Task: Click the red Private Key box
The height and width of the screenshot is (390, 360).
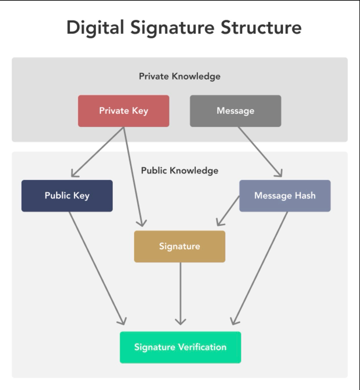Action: point(124,111)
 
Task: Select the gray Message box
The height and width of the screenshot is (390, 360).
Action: point(235,111)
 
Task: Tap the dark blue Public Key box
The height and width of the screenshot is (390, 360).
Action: point(67,196)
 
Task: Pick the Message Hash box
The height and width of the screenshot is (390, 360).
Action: point(285,196)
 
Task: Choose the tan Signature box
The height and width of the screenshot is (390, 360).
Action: point(179,246)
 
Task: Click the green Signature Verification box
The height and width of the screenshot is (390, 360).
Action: point(180,347)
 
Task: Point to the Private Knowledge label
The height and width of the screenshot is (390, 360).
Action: point(179,76)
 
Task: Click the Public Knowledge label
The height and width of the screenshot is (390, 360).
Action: point(179,171)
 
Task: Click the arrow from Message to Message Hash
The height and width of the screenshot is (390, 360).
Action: point(260,152)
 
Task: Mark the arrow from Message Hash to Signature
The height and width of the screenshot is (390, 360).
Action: point(228,211)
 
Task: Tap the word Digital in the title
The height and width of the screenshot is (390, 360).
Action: point(95,28)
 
